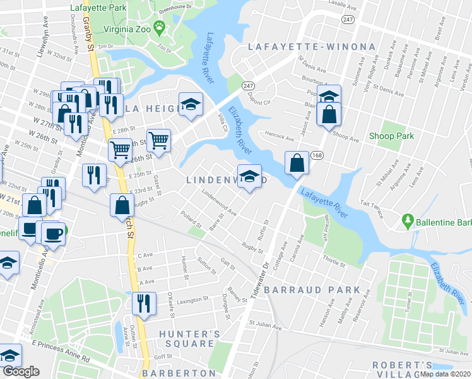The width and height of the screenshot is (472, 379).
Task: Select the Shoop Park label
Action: click(391, 136)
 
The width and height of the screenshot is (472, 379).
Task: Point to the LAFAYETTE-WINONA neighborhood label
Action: click(312, 47)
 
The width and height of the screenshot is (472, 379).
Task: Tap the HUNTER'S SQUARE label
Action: click(186, 339)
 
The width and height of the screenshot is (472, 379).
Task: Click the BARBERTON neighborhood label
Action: click(180, 373)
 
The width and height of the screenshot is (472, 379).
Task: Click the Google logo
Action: click(21, 372)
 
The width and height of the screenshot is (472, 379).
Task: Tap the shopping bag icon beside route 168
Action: click(296, 163)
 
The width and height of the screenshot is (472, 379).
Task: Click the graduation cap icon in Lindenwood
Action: click(250, 176)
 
